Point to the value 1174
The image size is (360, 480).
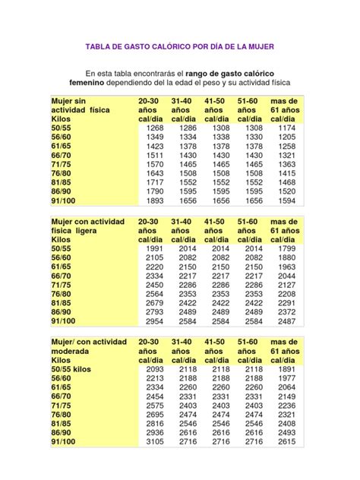(286, 128)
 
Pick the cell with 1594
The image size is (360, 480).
(286, 201)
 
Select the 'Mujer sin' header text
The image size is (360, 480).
(69, 100)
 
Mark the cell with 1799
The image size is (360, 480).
(286, 248)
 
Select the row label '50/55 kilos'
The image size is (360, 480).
(73, 368)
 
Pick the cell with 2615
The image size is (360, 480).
(286, 441)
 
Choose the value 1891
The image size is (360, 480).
(286, 368)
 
